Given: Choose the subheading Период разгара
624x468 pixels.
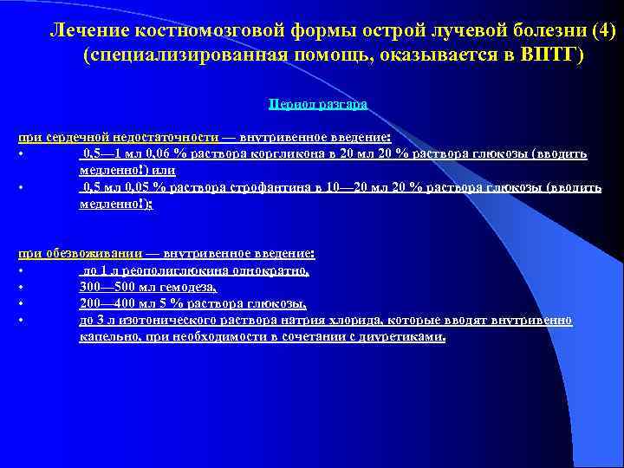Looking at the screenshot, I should coord(318,103).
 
